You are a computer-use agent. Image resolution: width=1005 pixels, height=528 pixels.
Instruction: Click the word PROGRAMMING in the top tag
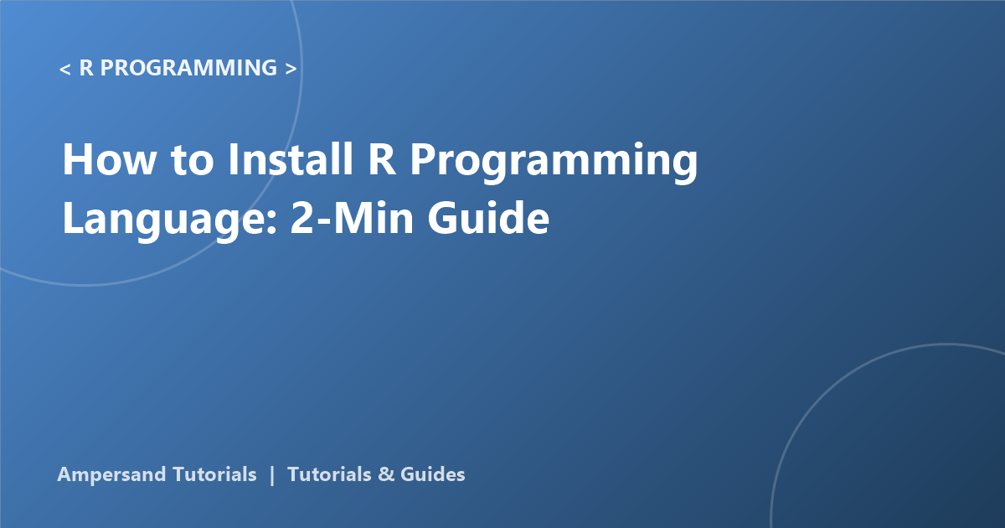click(188, 68)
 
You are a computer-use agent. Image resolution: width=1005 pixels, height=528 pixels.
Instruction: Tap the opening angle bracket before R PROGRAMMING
click(65, 69)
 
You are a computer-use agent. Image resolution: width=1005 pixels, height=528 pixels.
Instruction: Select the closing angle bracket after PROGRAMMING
click(291, 69)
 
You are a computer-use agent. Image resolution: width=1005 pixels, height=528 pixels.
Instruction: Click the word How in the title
click(109, 159)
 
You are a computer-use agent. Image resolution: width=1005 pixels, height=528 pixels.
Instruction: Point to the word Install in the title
click(291, 158)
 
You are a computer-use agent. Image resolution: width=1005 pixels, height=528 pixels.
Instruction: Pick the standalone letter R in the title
click(382, 159)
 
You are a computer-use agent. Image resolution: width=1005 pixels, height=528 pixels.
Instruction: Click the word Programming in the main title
click(554, 163)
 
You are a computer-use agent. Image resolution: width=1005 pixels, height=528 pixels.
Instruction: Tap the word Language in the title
click(164, 220)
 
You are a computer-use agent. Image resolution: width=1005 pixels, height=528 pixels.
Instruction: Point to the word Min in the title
click(374, 217)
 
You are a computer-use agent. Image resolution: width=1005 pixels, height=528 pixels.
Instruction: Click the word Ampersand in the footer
click(111, 475)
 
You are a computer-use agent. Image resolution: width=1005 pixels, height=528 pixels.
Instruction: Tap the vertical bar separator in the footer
click(272, 475)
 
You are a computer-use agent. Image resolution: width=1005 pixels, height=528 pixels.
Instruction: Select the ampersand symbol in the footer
click(386, 474)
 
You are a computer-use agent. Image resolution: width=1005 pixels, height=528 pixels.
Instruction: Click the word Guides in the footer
click(432, 474)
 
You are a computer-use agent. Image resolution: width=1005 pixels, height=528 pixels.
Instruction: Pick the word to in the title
click(192, 161)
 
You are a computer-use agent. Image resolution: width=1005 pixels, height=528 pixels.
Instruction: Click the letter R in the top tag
click(86, 68)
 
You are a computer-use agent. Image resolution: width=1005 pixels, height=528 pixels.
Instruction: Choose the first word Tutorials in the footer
click(214, 474)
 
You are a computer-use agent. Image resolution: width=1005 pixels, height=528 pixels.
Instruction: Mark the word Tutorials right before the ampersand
click(329, 474)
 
